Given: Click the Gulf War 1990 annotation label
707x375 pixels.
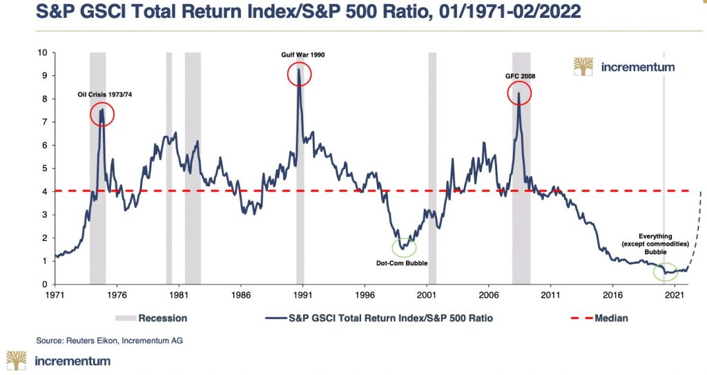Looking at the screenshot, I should coord(298,55).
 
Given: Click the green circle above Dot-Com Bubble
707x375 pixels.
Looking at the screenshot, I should coord(405,247).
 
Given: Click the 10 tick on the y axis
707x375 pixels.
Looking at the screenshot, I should coord(42,52).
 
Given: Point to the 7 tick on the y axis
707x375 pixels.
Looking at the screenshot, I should coord(44,122).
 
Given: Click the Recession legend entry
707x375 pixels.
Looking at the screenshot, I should coord(163,318).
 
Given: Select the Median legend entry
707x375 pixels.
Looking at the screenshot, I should coord(608,318).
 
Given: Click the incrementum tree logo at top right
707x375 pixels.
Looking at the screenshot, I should coord(583,67).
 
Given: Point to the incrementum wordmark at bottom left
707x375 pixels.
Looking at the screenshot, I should coord(72,360).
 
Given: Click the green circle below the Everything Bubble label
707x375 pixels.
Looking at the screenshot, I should coord(666,271).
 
